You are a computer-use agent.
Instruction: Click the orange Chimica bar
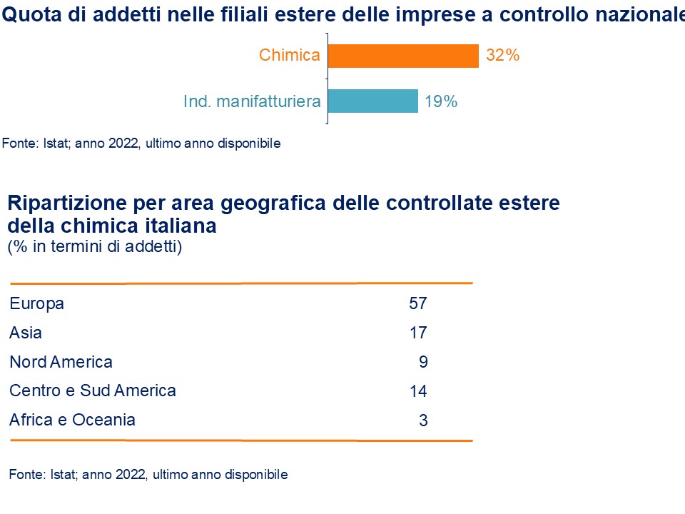tap(403, 56)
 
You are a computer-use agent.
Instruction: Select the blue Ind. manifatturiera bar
tap(372, 101)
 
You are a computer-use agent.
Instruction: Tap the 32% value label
tap(502, 56)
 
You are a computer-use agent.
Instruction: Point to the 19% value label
tap(440, 101)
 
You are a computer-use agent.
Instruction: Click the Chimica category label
tap(290, 55)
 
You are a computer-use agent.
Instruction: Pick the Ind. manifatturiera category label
tap(252, 101)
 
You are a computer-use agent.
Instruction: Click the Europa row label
tap(37, 303)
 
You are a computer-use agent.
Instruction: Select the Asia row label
tap(26, 333)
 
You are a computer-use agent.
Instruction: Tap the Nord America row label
tap(61, 362)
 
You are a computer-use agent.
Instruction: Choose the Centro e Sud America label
tap(92, 390)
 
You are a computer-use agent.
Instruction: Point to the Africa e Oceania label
tap(72, 420)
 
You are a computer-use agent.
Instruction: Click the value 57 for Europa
tap(417, 303)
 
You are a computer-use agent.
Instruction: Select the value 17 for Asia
tap(417, 333)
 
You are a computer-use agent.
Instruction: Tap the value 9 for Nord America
tap(423, 362)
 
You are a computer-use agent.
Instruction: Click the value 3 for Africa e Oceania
tap(423, 420)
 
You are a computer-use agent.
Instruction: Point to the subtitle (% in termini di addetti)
tap(95, 247)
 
